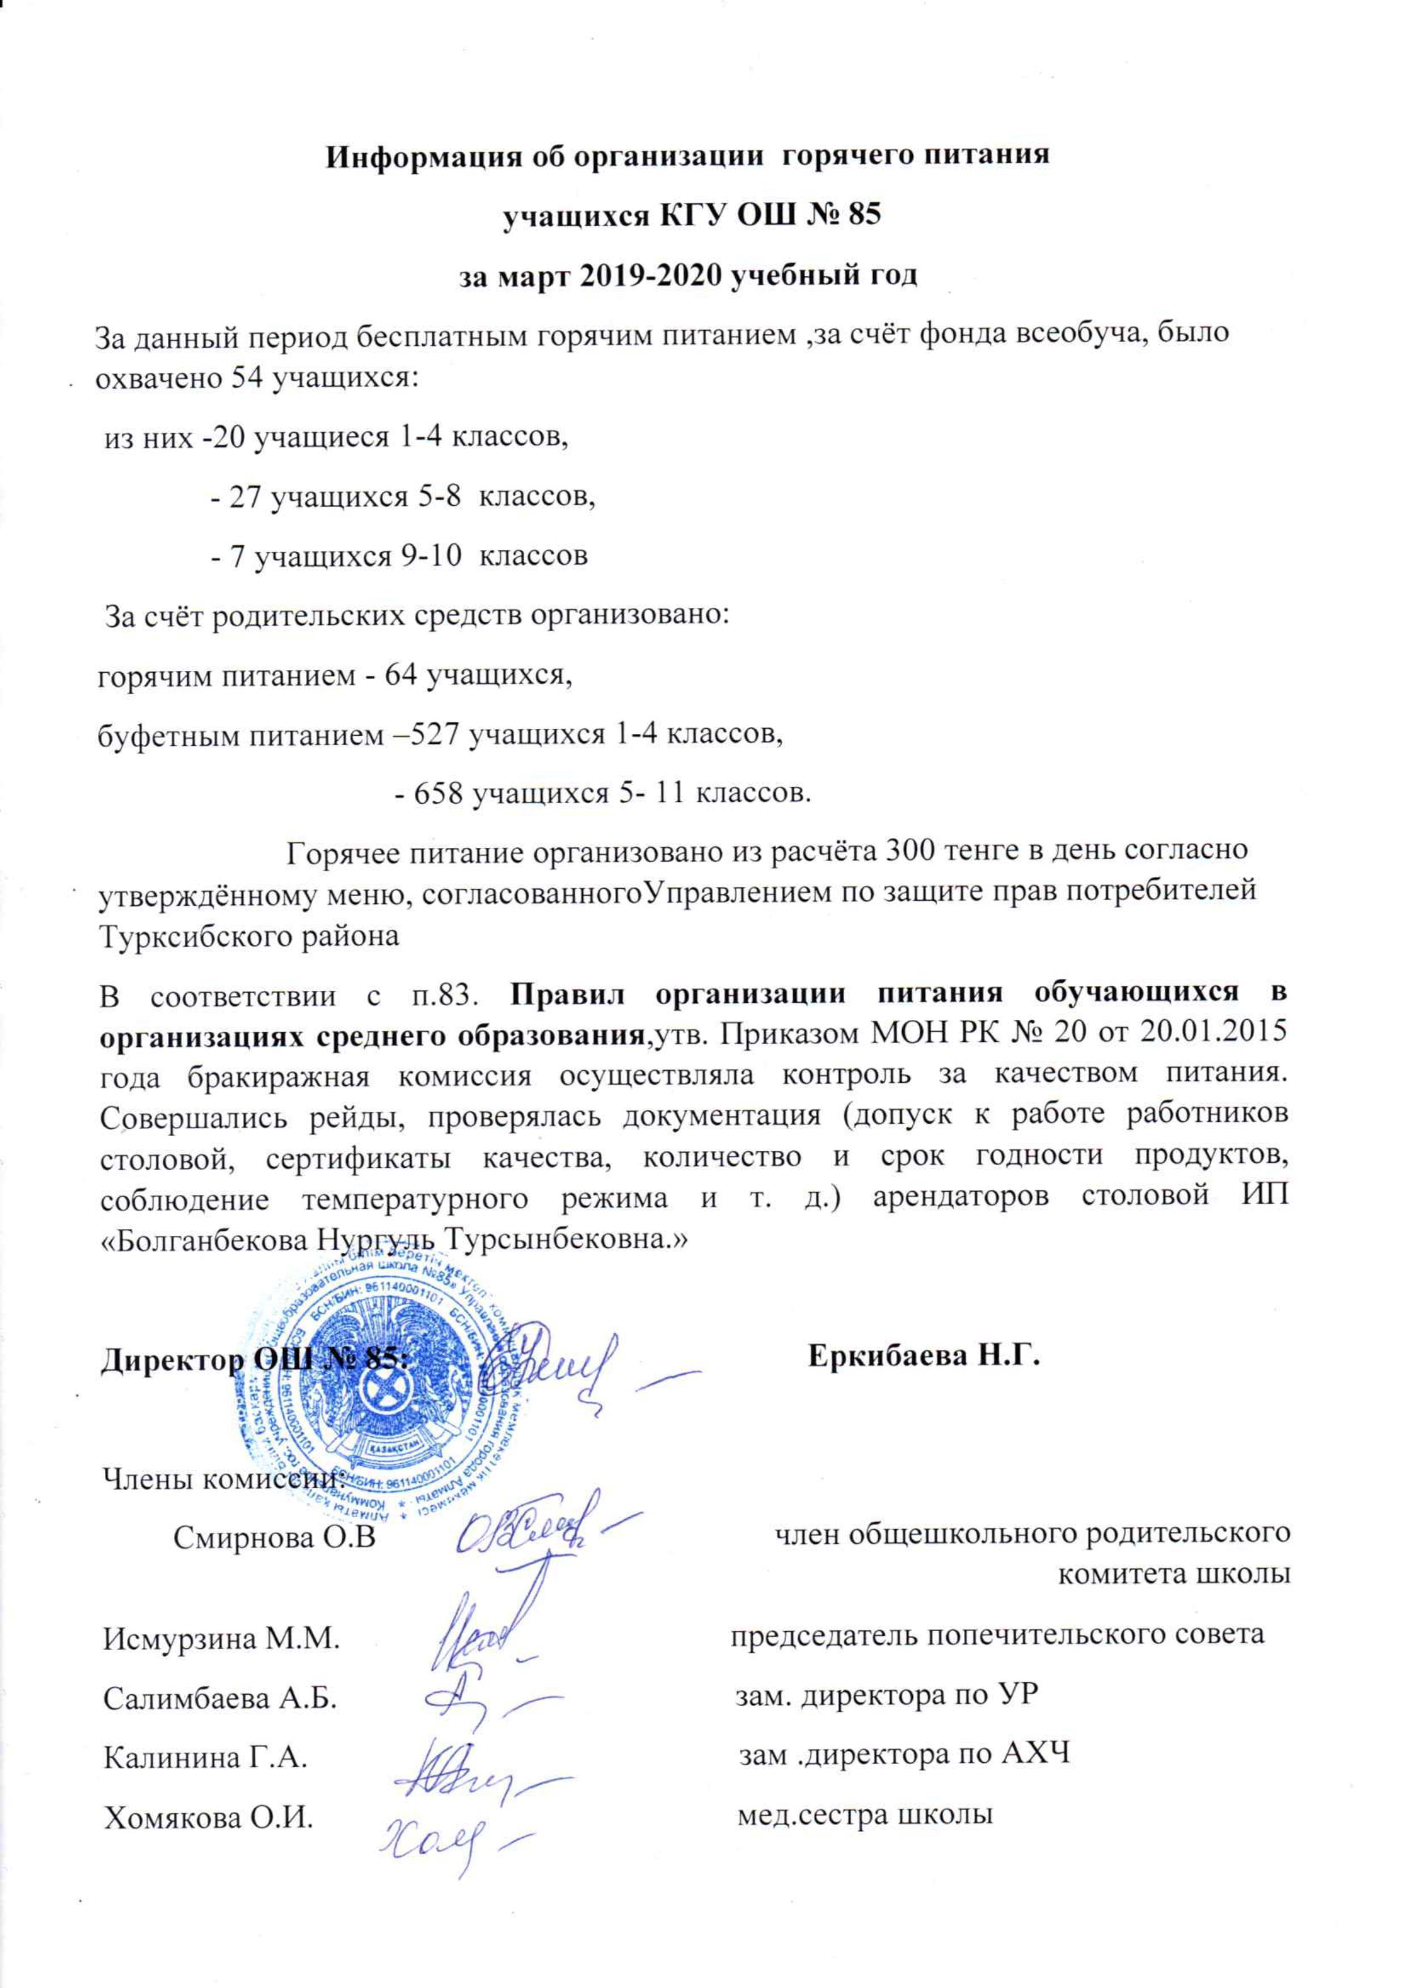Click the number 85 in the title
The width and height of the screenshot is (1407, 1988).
tap(862, 215)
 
